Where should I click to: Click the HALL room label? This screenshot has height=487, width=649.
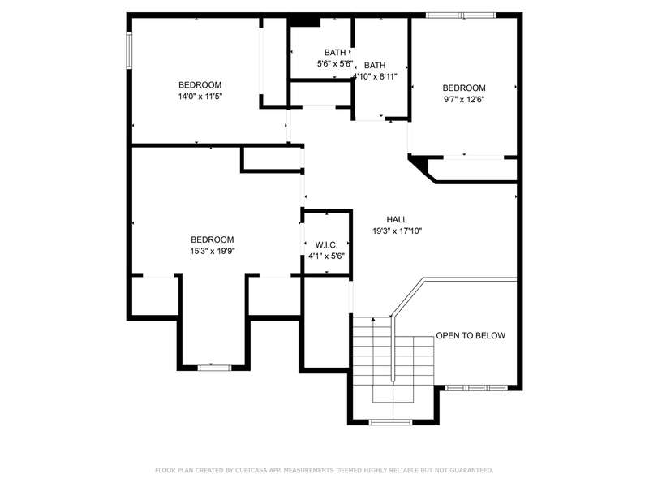pyautogui.click(x=397, y=219)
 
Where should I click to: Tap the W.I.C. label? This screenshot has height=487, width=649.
pyautogui.click(x=327, y=245)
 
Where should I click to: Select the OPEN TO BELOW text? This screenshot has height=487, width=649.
pyautogui.click(x=471, y=335)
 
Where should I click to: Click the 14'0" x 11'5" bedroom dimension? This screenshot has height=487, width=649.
pyautogui.click(x=200, y=97)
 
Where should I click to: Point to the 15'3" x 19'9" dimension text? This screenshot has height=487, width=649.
pyautogui.click(x=213, y=251)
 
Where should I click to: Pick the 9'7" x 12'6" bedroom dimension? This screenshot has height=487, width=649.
pyautogui.click(x=463, y=99)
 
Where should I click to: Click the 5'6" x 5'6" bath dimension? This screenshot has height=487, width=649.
pyautogui.click(x=335, y=64)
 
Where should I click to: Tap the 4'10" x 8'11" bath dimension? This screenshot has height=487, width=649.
pyautogui.click(x=375, y=76)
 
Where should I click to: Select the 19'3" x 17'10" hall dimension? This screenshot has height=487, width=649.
pyautogui.click(x=397, y=231)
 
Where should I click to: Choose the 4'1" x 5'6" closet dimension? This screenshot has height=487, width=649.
pyautogui.click(x=326, y=256)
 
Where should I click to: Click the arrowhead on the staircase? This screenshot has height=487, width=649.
pyautogui.click(x=373, y=319)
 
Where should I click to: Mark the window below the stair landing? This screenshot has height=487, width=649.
pyautogui.click(x=390, y=422)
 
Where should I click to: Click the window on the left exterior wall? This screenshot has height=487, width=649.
pyautogui.click(x=129, y=50)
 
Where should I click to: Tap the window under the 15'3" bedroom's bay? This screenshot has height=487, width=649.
pyautogui.click(x=214, y=368)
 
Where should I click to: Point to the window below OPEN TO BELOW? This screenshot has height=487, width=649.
pyautogui.click(x=476, y=388)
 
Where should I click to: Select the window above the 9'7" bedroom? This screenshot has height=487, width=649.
pyautogui.click(x=461, y=15)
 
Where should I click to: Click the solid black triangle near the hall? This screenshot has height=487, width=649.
pyautogui.click(x=419, y=162)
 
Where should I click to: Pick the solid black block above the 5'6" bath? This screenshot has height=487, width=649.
pyautogui.click(x=304, y=22)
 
